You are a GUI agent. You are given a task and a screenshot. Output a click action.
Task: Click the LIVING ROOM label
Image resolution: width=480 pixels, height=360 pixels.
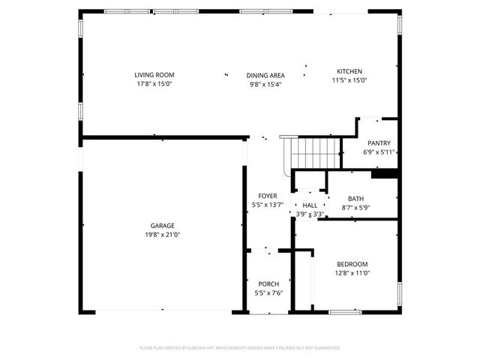[x=154, y=75]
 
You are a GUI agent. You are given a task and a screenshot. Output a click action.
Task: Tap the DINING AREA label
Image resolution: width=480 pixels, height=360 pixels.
[x=265, y=76]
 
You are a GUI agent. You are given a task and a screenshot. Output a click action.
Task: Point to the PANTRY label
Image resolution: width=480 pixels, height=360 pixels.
[x=379, y=143]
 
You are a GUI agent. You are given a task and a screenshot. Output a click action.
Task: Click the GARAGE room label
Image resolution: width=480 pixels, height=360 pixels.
[x=163, y=226]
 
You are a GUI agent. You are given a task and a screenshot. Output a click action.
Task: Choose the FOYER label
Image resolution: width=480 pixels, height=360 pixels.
[x=268, y=196]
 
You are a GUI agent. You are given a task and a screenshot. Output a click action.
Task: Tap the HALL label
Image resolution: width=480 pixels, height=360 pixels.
[x=310, y=205]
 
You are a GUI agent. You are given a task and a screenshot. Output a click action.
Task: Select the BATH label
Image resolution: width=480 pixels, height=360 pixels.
[x=355, y=199]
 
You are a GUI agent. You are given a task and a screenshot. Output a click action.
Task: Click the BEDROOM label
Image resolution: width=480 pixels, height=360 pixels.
[x=352, y=264]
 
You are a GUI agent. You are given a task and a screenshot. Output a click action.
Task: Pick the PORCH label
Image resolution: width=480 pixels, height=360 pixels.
[x=268, y=284]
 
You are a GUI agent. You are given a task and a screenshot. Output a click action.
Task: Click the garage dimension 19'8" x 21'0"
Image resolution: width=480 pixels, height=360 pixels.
[x=163, y=235]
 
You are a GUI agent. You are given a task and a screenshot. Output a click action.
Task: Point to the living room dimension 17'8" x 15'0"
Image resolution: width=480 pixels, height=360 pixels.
[x=154, y=84]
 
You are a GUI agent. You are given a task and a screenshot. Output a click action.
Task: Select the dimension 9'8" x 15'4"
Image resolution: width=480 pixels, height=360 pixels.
[x=265, y=85]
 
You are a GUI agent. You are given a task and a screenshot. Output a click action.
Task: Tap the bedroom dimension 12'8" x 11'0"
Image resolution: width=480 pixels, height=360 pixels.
[x=352, y=273]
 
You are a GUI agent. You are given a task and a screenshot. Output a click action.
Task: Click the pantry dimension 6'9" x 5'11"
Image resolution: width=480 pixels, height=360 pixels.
[x=379, y=152]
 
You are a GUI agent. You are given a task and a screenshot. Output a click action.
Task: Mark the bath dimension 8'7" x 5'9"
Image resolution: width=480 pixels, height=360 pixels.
[x=355, y=208]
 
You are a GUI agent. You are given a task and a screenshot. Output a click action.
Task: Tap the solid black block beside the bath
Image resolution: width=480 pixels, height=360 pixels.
[x=384, y=175]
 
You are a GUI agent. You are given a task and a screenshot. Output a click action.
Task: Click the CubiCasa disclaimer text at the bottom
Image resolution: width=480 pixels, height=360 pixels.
[x=240, y=348]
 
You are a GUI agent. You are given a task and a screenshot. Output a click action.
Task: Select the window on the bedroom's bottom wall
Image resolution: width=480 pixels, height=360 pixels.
[x=345, y=311]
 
